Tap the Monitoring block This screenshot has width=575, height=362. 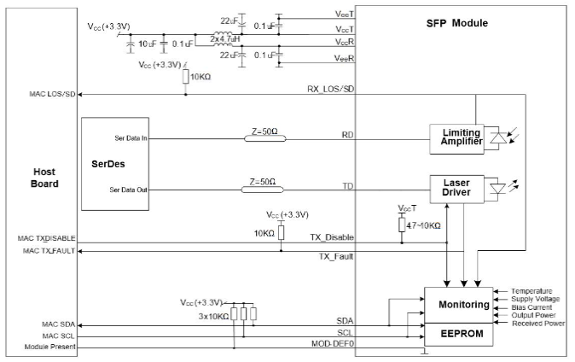pyautogui.click(x=463, y=305)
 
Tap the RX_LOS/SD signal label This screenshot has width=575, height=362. pyautogui.click(x=330, y=89)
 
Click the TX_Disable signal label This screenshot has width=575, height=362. pyautogui.click(x=331, y=237)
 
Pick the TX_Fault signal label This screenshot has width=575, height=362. pyautogui.click(x=335, y=256)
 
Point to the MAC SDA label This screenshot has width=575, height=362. pyautogui.click(x=59, y=324)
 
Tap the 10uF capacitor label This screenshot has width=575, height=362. pyautogui.click(x=146, y=42)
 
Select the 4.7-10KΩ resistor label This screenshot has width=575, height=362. pyautogui.click(x=425, y=225)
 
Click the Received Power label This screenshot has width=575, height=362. pyautogui.click(x=537, y=324)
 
